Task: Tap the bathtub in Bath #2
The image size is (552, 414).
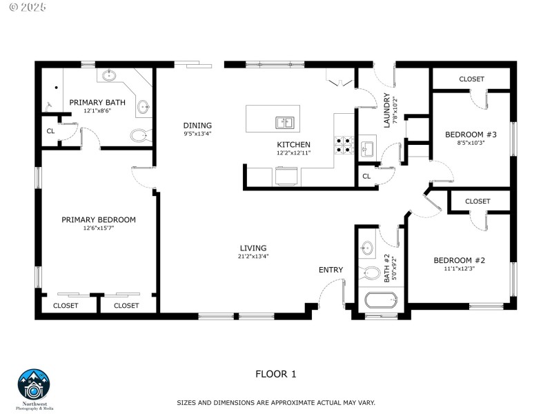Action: pos(381,301)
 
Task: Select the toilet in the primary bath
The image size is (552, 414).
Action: pos(139,135)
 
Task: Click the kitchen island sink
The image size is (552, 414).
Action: pos(284,123)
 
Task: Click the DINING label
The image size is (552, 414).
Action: pos(197,125)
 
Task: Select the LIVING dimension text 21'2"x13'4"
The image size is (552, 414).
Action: pos(253,257)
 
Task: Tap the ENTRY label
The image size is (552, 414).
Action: pos(331,270)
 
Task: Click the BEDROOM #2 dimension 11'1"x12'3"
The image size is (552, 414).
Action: pos(460,268)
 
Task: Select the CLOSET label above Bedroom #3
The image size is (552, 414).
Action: pos(472,79)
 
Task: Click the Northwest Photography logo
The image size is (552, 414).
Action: pos(34,386)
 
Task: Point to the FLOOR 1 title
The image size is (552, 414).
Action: pos(275,374)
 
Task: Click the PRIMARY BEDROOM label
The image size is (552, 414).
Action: pos(99,219)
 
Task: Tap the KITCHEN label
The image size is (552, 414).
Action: pos(294,144)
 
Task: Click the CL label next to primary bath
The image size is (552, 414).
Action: pos(50,131)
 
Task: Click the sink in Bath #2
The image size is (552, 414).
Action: pos(368,247)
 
